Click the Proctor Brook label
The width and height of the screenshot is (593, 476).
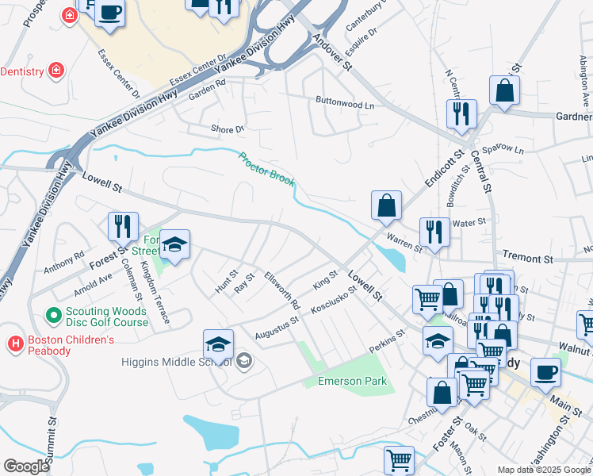click(x=267, y=170)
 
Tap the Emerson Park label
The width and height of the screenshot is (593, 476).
click(x=353, y=382)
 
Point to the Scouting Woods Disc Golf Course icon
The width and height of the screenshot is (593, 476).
click(x=54, y=316)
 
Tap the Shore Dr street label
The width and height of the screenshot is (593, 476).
click(x=228, y=129)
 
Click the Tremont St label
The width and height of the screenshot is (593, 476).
click(x=527, y=259)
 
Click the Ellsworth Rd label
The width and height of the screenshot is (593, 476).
click(x=283, y=291)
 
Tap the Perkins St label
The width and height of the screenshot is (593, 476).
click(x=388, y=344)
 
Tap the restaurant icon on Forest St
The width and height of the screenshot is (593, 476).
click(x=123, y=226)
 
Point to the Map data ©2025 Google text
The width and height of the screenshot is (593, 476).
click(x=543, y=470)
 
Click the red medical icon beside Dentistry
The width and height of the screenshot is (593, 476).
click(x=56, y=71)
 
